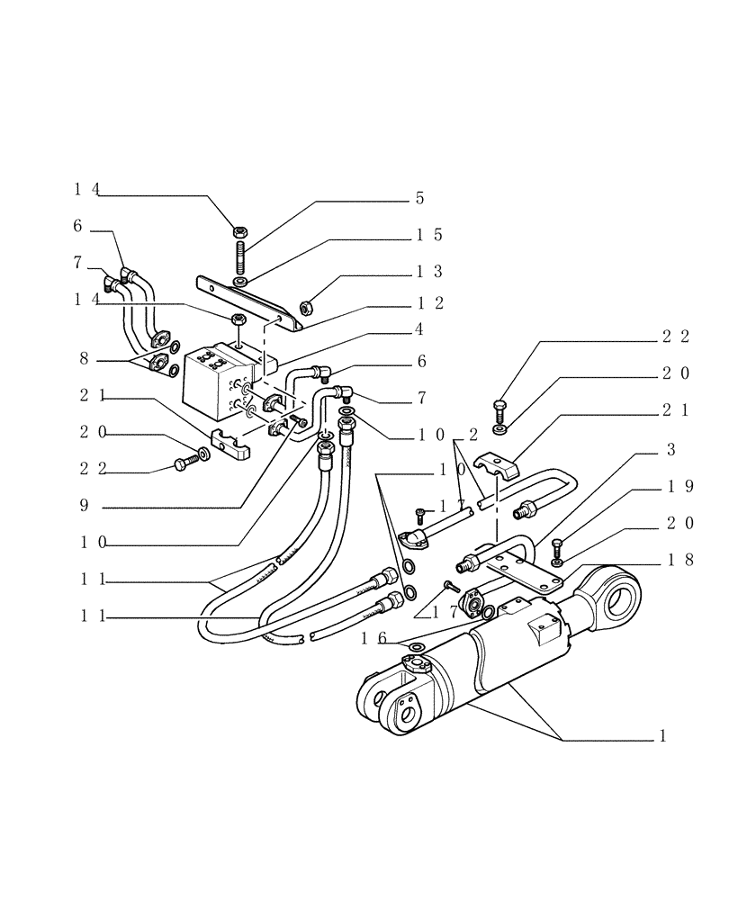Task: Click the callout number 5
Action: point(419,198)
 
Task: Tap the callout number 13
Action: point(429,271)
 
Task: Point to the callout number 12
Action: point(429,303)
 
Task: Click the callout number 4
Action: point(419,330)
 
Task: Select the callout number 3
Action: point(670,449)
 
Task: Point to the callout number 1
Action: point(662,735)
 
